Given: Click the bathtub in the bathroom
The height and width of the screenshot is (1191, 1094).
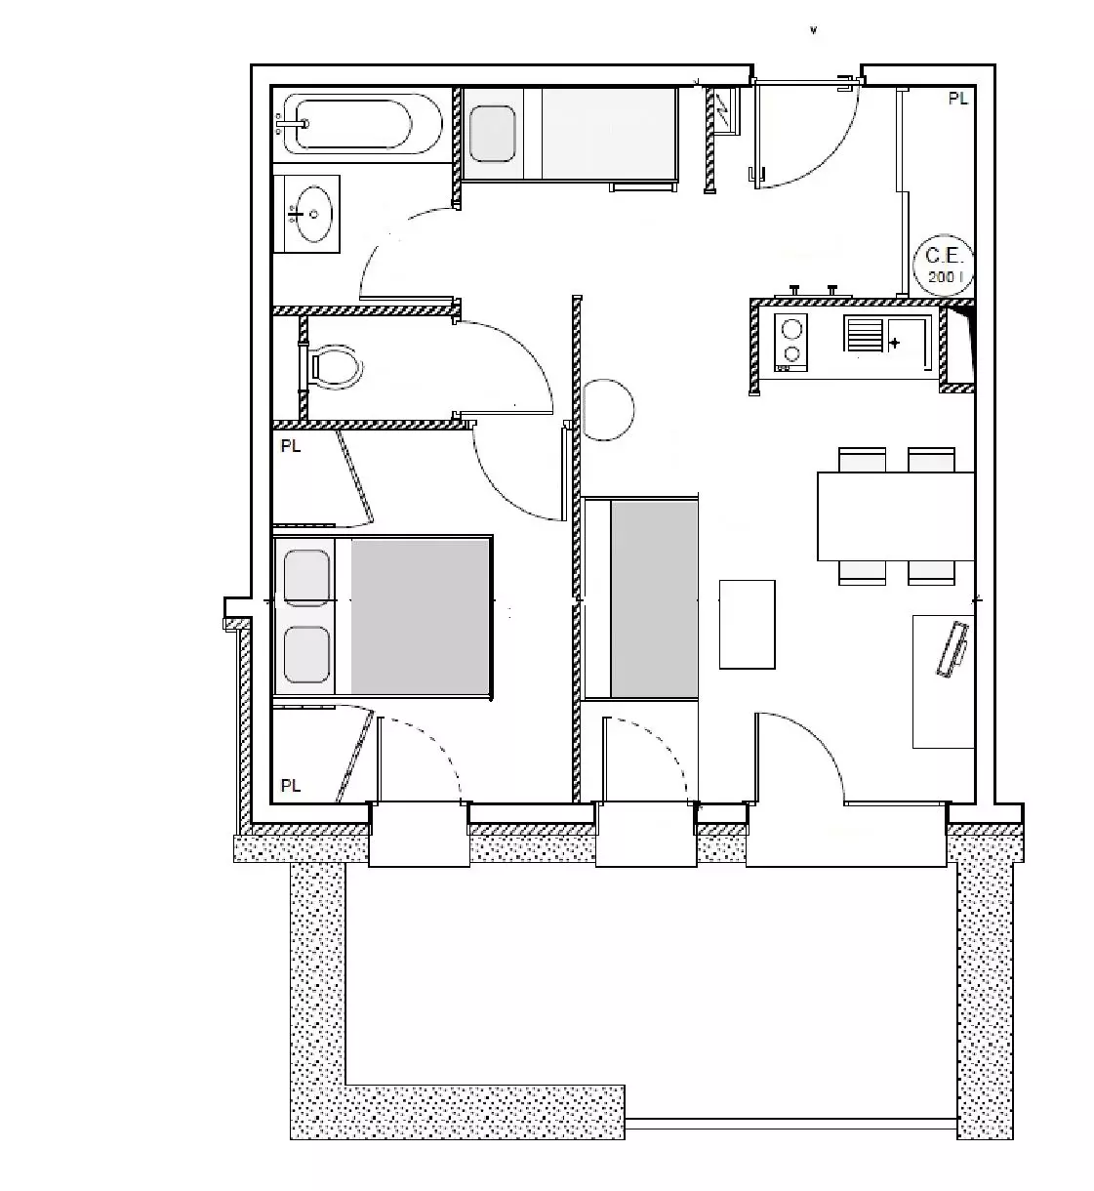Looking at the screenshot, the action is pos(362,125).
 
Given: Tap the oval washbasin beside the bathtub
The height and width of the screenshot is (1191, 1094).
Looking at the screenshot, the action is pos(312,214).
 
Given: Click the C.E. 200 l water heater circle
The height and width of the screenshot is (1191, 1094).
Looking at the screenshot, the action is pos(945,266).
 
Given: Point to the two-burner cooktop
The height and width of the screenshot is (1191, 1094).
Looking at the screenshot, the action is pos(791,344).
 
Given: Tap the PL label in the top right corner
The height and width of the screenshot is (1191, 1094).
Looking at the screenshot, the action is pos(957,100).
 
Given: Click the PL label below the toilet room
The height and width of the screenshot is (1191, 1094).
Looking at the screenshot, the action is pos(290,446).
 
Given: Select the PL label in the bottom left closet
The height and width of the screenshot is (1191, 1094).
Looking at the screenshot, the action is pos(290,786).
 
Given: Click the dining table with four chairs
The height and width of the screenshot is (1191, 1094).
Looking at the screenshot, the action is pos(896,516).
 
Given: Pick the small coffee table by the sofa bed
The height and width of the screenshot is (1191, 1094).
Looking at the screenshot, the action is pos(747,624).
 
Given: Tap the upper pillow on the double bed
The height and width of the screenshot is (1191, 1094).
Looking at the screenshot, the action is pos(306,579).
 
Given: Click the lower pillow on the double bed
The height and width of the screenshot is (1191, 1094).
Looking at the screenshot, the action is pos(306,655).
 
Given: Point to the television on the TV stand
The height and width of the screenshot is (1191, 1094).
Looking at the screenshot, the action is pos(952,649).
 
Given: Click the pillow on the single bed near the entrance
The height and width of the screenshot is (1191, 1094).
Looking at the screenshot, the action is pos(492,133).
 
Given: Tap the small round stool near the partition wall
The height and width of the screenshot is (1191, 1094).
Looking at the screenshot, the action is pos(609,410).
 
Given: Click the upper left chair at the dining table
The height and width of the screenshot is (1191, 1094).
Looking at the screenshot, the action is pos(862,460).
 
